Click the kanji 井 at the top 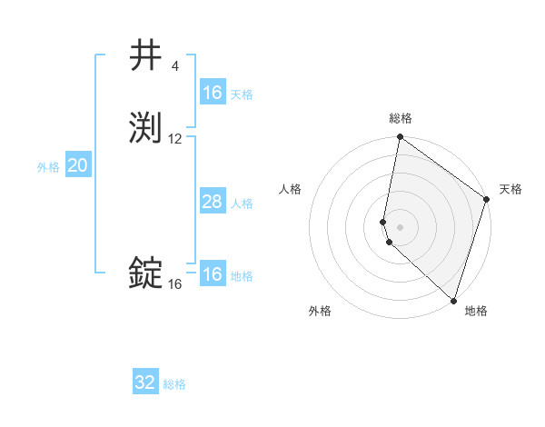pyautogui.click(x=146, y=55)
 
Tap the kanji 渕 pyautogui.click(x=146, y=128)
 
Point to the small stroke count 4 pyautogui.click(x=174, y=66)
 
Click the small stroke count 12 pyautogui.click(x=175, y=139)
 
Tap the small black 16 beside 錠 pyautogui.click(x=175, y=284)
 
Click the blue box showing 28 pyautogui.click(x=212, y=202)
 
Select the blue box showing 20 pyautogui.click(x=78, y=165)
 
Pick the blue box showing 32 pyautogui.click(x=145, y=382)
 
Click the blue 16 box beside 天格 pyautogui.click(x=212, y=93)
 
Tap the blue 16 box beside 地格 pyautogui.click(x=212, y=274)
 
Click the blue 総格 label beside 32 pyautogui.click(x=174, y=384)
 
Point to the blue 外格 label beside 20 pyautogui.click(x=48, y=167)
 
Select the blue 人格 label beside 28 pyautogui.click(x=242, y=204)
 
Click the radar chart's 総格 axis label pyautogui.click(x=401, y=118)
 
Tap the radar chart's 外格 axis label pyautogui.click(x=321, y=311)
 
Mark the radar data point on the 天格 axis pyautogui.click(x=487, y=200)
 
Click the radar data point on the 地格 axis pyautogui.click(x=454, y=300)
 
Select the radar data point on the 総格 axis pyautogui.click(x=400, y=138)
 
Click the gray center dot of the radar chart pyautogui.click(x=400, y=225)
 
